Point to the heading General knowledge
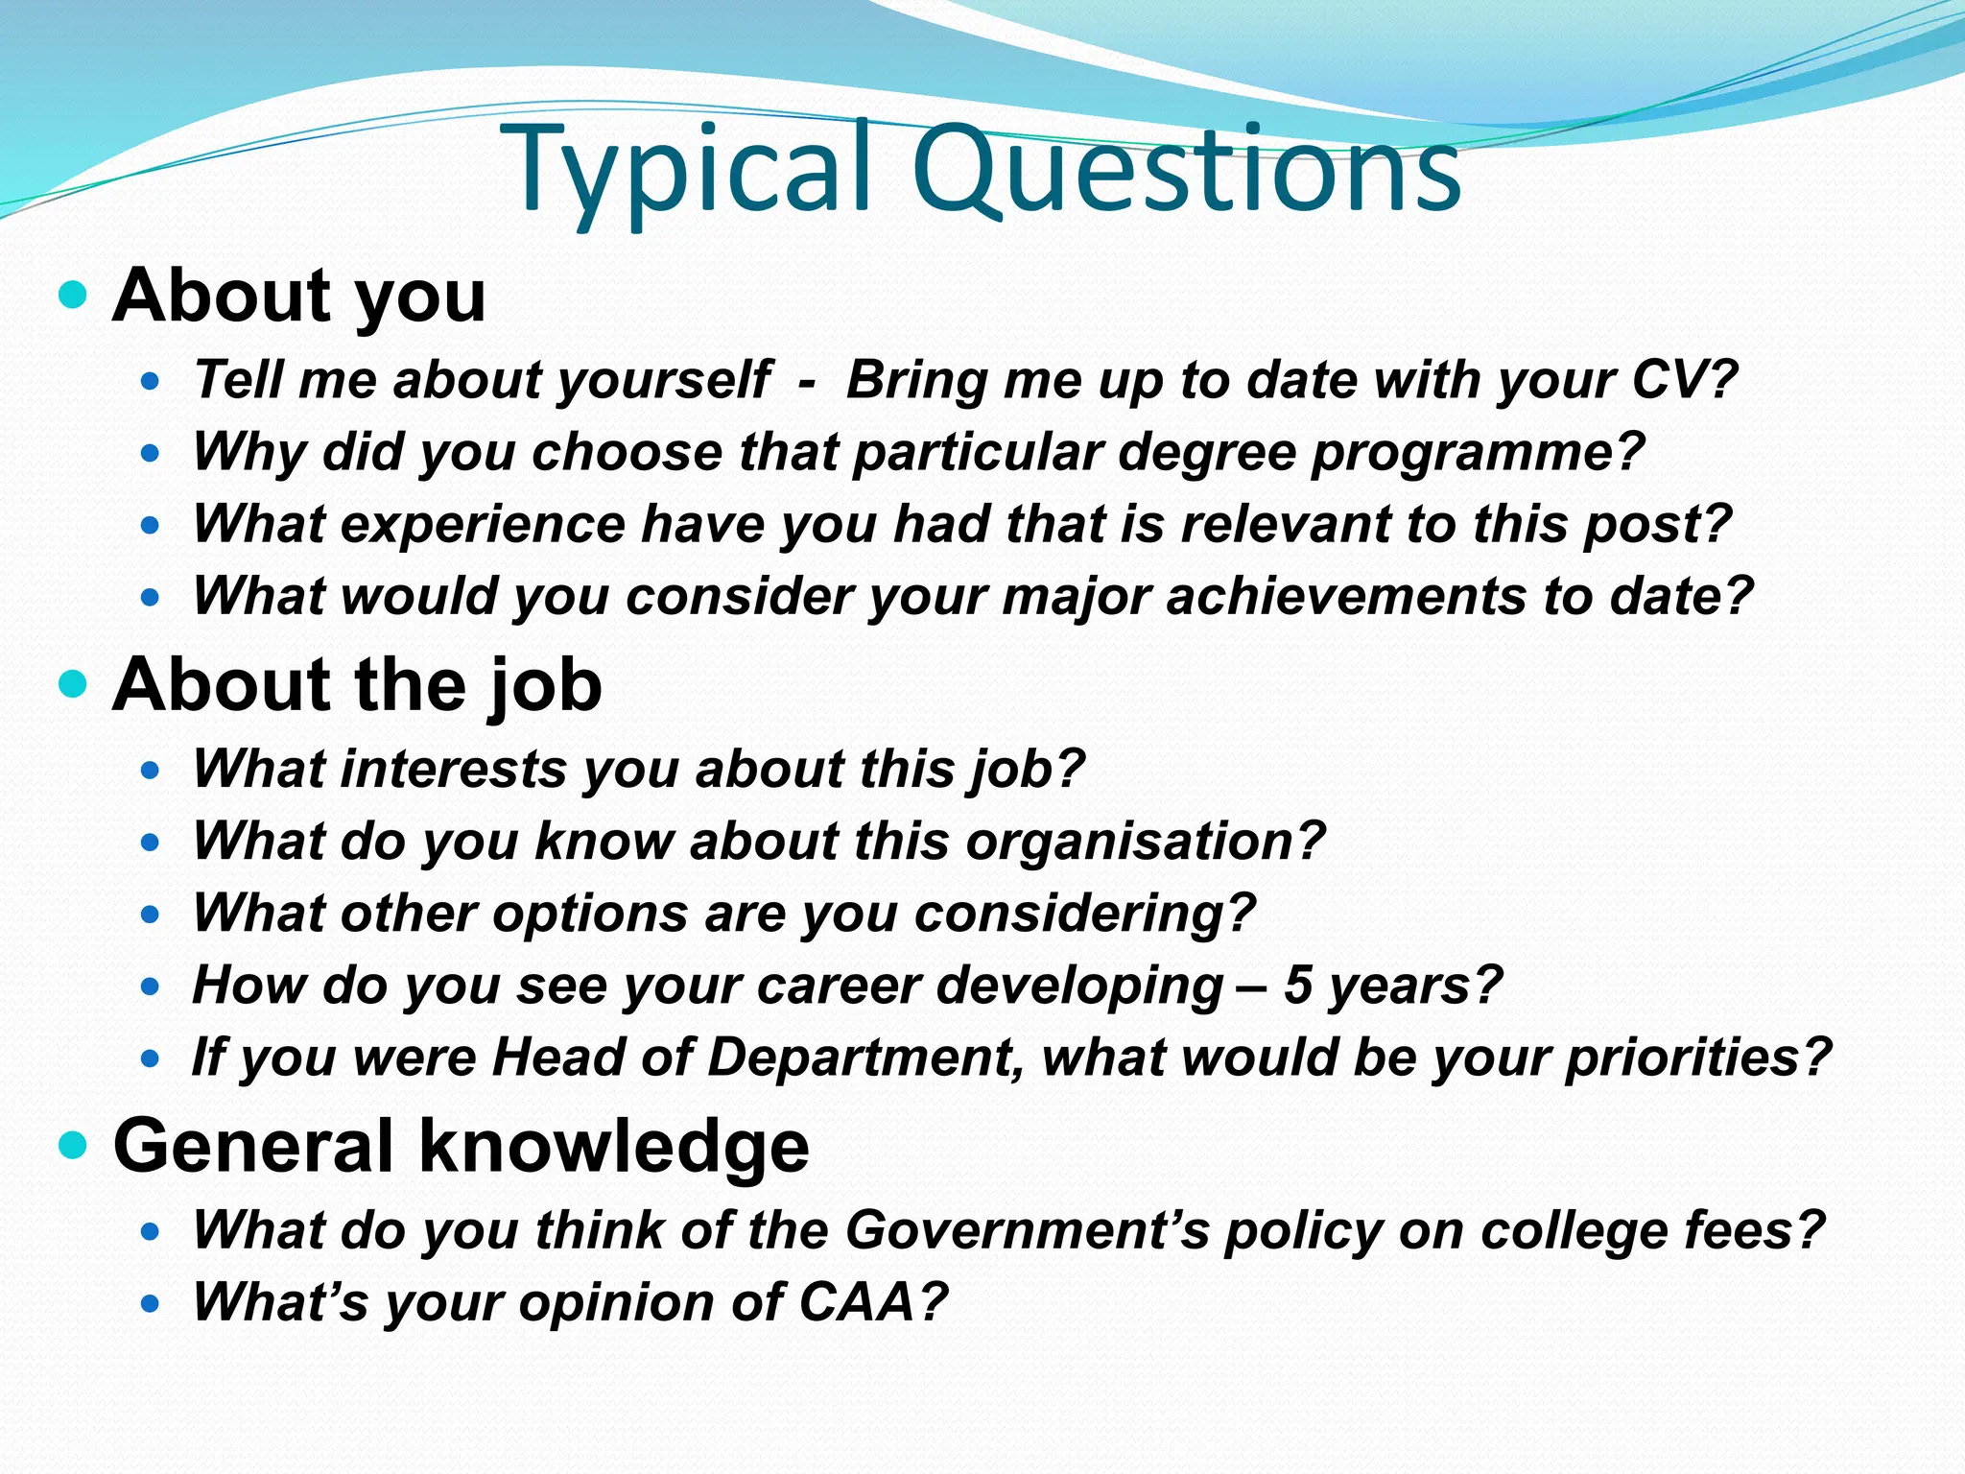(461, 1146)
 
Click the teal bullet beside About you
(72, 294)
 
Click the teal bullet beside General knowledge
(72, 1144)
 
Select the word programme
(1478, 453)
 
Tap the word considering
(1084, 914)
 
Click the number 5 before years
(1297, 985)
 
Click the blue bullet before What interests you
(150, 770)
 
